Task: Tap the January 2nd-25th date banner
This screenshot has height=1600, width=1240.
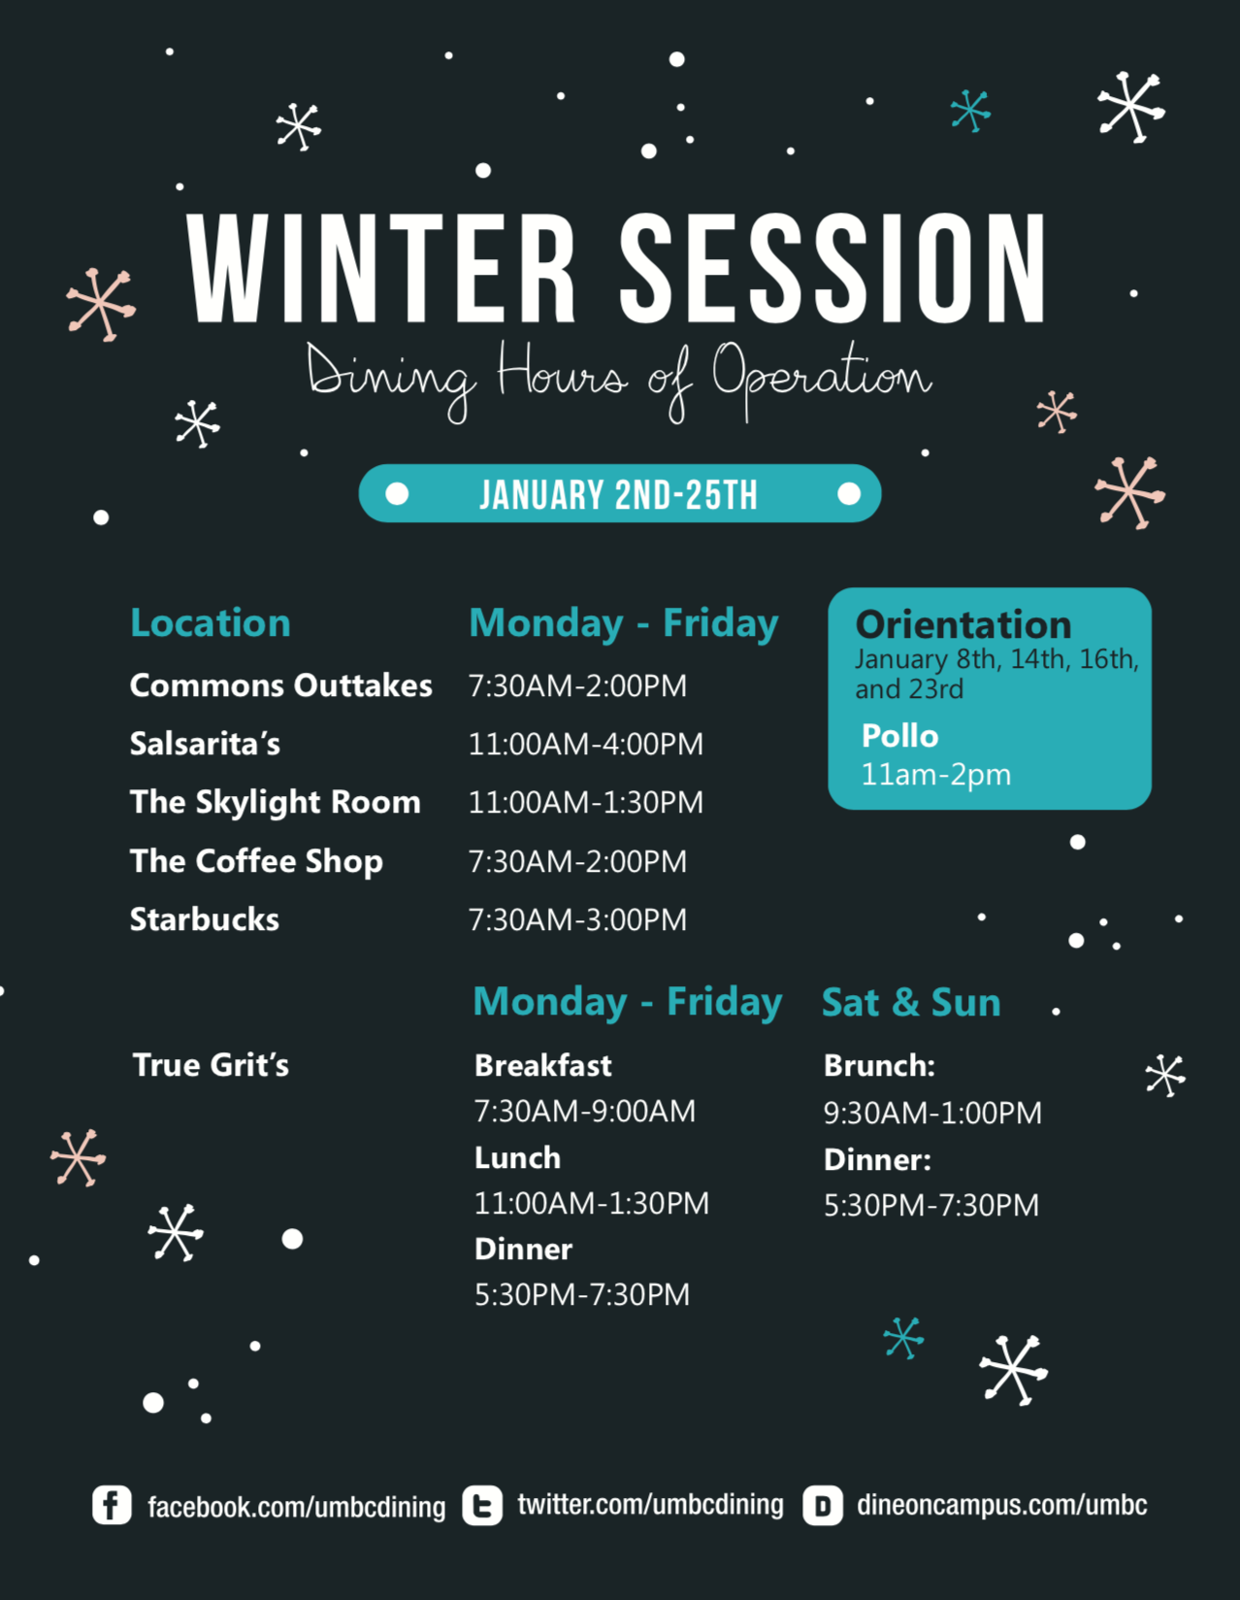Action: point(620,493)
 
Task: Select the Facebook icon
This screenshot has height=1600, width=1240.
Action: point(112,1504)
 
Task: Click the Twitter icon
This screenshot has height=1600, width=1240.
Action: point(483,1505)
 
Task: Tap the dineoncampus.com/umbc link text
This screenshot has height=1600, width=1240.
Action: point(1001,1504)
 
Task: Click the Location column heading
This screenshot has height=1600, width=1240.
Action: point(211,623)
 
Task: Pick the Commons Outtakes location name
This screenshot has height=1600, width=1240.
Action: point(281,685)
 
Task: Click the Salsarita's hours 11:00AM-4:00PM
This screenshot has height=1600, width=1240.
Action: point(586,744)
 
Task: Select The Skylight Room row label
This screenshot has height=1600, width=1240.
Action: point(276,803)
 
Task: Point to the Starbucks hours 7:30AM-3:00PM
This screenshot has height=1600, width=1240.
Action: point(577,919)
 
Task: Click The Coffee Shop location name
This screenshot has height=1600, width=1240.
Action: point(257,861)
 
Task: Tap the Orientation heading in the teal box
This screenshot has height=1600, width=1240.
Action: point(963,625)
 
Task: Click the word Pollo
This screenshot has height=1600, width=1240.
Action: point(900,736)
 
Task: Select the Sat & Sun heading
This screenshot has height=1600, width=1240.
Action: point(911,1002)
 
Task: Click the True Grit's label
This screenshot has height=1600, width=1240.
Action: point(211,1065)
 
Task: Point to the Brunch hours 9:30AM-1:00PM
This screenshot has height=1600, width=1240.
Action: point(932,1114)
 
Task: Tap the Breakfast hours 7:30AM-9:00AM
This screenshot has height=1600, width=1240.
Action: point(585,1112)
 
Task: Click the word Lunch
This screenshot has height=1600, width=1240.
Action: point(517,1158)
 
